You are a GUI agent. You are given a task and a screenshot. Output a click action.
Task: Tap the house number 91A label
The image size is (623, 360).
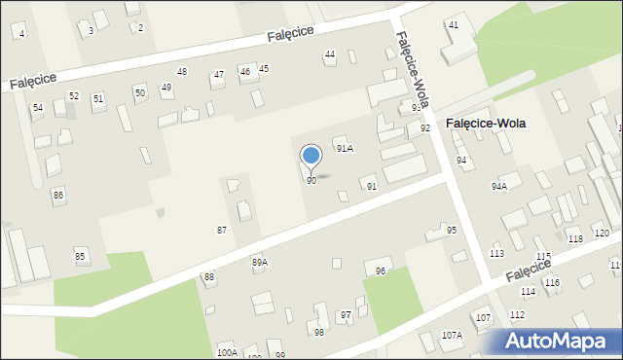pyautogui.click(x=344, y=149)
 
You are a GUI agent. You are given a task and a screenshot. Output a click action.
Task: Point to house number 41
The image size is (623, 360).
pyautogui.click(x=454, y=24)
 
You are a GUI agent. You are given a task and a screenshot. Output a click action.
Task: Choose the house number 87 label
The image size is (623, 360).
pyautogui.click(x=222, y=230)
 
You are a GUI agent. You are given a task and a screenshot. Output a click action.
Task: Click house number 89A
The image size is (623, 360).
pyautogui.click(x=259, y=263)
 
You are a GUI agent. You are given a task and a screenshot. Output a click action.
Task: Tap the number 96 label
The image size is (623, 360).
pyautogui.click(x=381, y=271)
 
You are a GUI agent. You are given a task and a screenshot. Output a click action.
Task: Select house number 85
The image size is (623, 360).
pyautogui.click(x=80, y=256)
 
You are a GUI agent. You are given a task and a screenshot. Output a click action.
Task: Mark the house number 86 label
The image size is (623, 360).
pyautogui.click(x=58, y=196)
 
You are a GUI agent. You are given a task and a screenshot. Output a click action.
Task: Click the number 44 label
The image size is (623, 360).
pyautogui.click(x=330, y=54)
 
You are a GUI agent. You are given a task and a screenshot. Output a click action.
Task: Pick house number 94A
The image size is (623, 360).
pyautogui.click(x=499, y=186)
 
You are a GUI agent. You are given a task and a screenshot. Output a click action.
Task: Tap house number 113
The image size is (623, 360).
pyautogui.click(x=497, y=253)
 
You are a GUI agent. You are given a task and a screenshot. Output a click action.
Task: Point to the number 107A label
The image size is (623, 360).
pyautogui.click(x=452, y=335)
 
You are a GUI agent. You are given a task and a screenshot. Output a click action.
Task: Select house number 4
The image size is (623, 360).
pyautogui.click(x=21, y=34)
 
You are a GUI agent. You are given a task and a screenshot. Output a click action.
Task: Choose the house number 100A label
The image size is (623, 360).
pyautogui.click(x=227, y=352)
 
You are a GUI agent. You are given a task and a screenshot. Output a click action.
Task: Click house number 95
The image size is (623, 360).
pyautogui.click(x=452, y=231)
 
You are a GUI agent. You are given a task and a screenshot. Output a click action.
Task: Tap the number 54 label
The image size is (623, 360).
pyautogui.click(x=38, y=108)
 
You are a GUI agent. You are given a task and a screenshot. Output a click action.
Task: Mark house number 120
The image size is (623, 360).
pyautogui.click(x=602, y=234)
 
